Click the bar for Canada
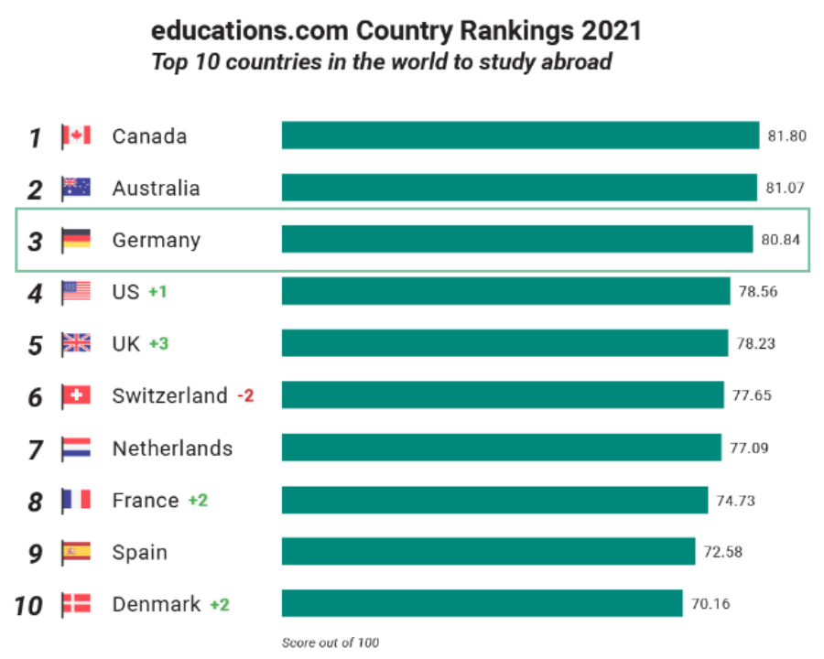pos(520,135)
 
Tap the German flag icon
pos(76,241)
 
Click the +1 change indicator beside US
pos(158,292)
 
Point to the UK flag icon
pos(76,344)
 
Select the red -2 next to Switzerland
pos(245,396)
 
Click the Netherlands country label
pos(172,448)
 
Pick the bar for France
pos(494,501)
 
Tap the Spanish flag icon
pos(76,553)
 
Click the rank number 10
pos(29,606)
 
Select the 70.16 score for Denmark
pos(710,604)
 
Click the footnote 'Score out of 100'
pos(330,643)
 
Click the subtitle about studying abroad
pos(381,62)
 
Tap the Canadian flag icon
pos(76,136)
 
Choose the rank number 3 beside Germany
pos(35,242)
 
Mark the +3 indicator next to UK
pos(158,344)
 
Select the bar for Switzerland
pos(503,396)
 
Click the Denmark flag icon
pos(76,605)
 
